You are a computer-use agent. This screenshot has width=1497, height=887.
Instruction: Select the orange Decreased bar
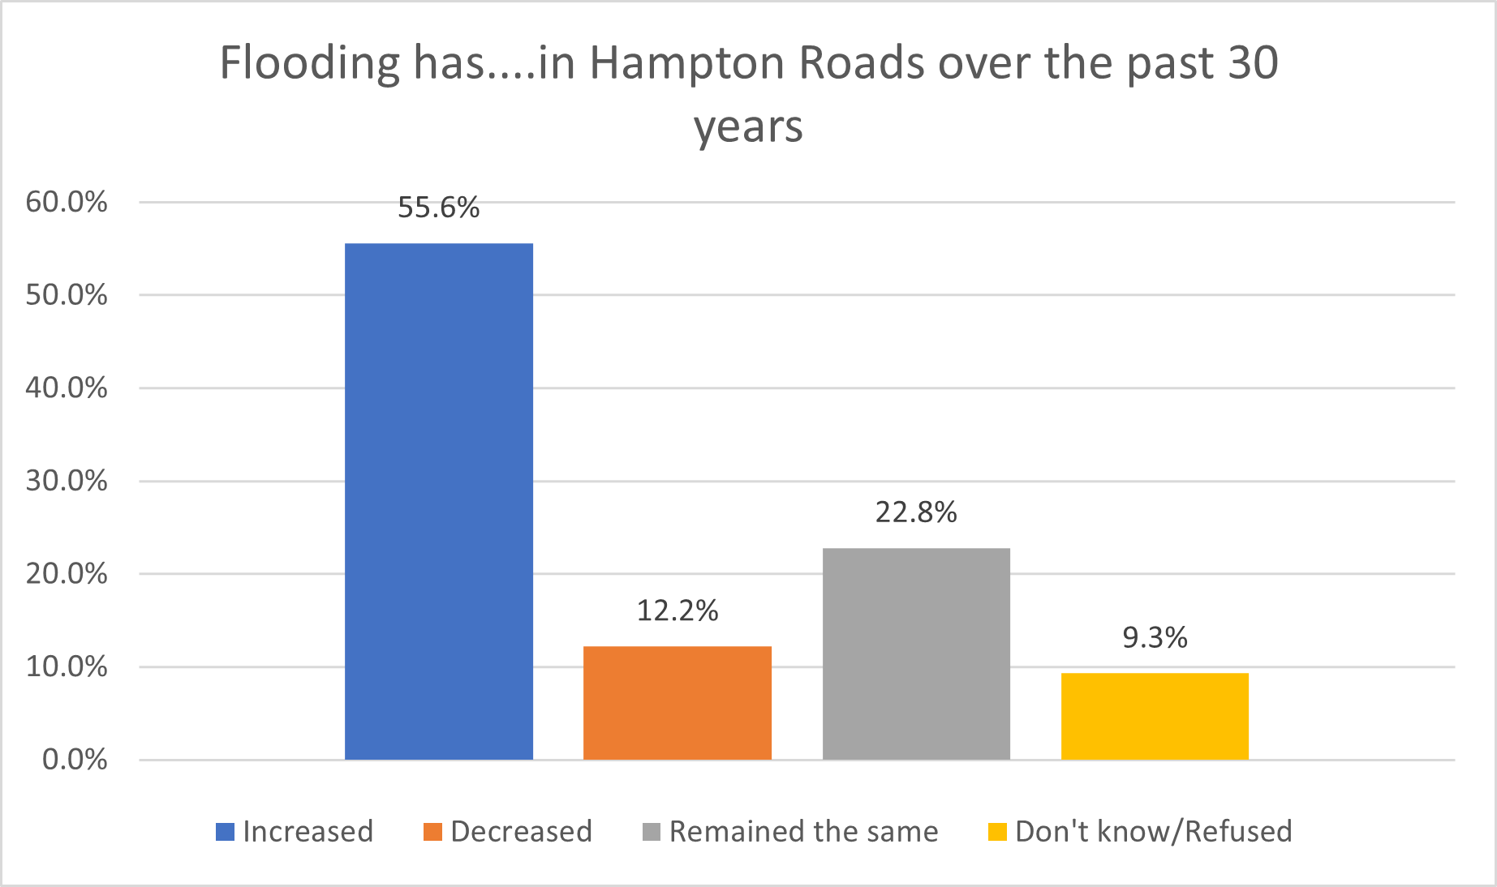click(x=678, y=703)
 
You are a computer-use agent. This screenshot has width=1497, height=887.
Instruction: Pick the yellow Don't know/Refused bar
click(x=1155, y=716)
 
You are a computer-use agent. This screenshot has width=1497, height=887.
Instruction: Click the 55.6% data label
click(x=439, y=208)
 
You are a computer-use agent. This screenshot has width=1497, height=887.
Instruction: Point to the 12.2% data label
click(x=678, y=611)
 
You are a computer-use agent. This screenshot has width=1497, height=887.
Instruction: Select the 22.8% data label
click(x=916, y=512)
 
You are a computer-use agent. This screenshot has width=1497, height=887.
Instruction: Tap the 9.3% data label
click(x=1155, y=638)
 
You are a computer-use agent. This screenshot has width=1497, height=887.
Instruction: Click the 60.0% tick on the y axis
click(x=67, y=202)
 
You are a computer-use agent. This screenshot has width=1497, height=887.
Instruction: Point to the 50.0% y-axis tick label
click(x=67, y=295)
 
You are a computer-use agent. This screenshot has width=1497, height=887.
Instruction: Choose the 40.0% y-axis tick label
click(x=67, y=388)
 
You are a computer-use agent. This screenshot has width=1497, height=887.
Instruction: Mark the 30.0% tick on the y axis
click(x=67, y=481)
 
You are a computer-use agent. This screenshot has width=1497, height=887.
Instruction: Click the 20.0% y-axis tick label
click(x=67, y=574)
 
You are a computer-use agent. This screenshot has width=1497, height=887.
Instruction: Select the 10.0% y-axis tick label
click(x=67, y=666)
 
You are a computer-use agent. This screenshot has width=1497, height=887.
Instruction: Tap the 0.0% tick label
click(x=75, y=760)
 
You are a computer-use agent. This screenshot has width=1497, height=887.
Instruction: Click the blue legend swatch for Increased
click(x=225, y=832)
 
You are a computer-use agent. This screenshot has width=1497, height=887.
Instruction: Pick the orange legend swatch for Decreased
click(x=432, y=832)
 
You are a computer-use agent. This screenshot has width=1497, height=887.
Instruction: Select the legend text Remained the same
click(x=803, y=832)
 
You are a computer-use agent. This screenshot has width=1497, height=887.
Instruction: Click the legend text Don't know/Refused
click(x=1153, y=832)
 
